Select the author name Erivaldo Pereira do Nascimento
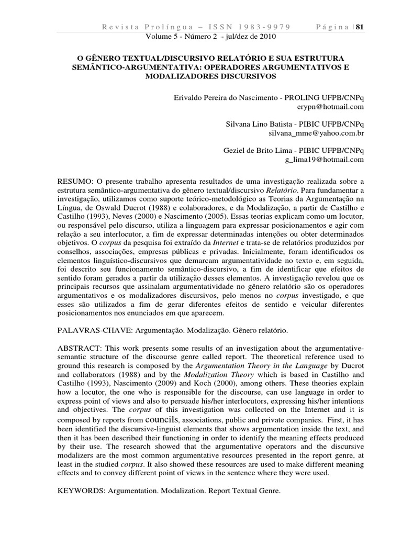click(x=227, y=97)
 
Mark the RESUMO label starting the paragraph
click(x=75, y=181)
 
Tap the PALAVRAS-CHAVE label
click(x=92, y=331)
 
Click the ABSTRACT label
click(x=79, y=349)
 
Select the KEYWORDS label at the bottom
click(x=81, y=492)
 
